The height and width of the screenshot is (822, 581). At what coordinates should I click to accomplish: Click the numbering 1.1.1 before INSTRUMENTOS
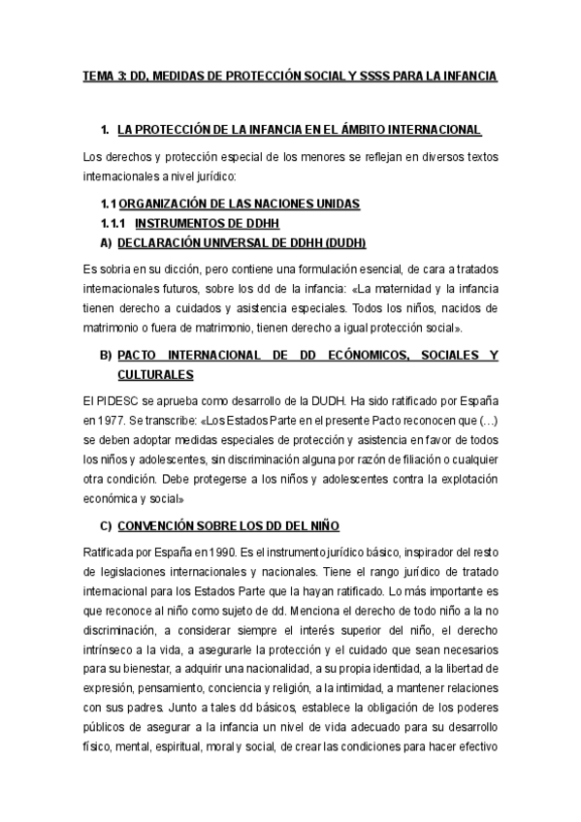(113, 222)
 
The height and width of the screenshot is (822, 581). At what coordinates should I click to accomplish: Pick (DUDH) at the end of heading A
(339, 241)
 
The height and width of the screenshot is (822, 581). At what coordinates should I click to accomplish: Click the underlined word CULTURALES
(154, 374)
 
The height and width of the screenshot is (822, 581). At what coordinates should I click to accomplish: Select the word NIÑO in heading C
(321, 525)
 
